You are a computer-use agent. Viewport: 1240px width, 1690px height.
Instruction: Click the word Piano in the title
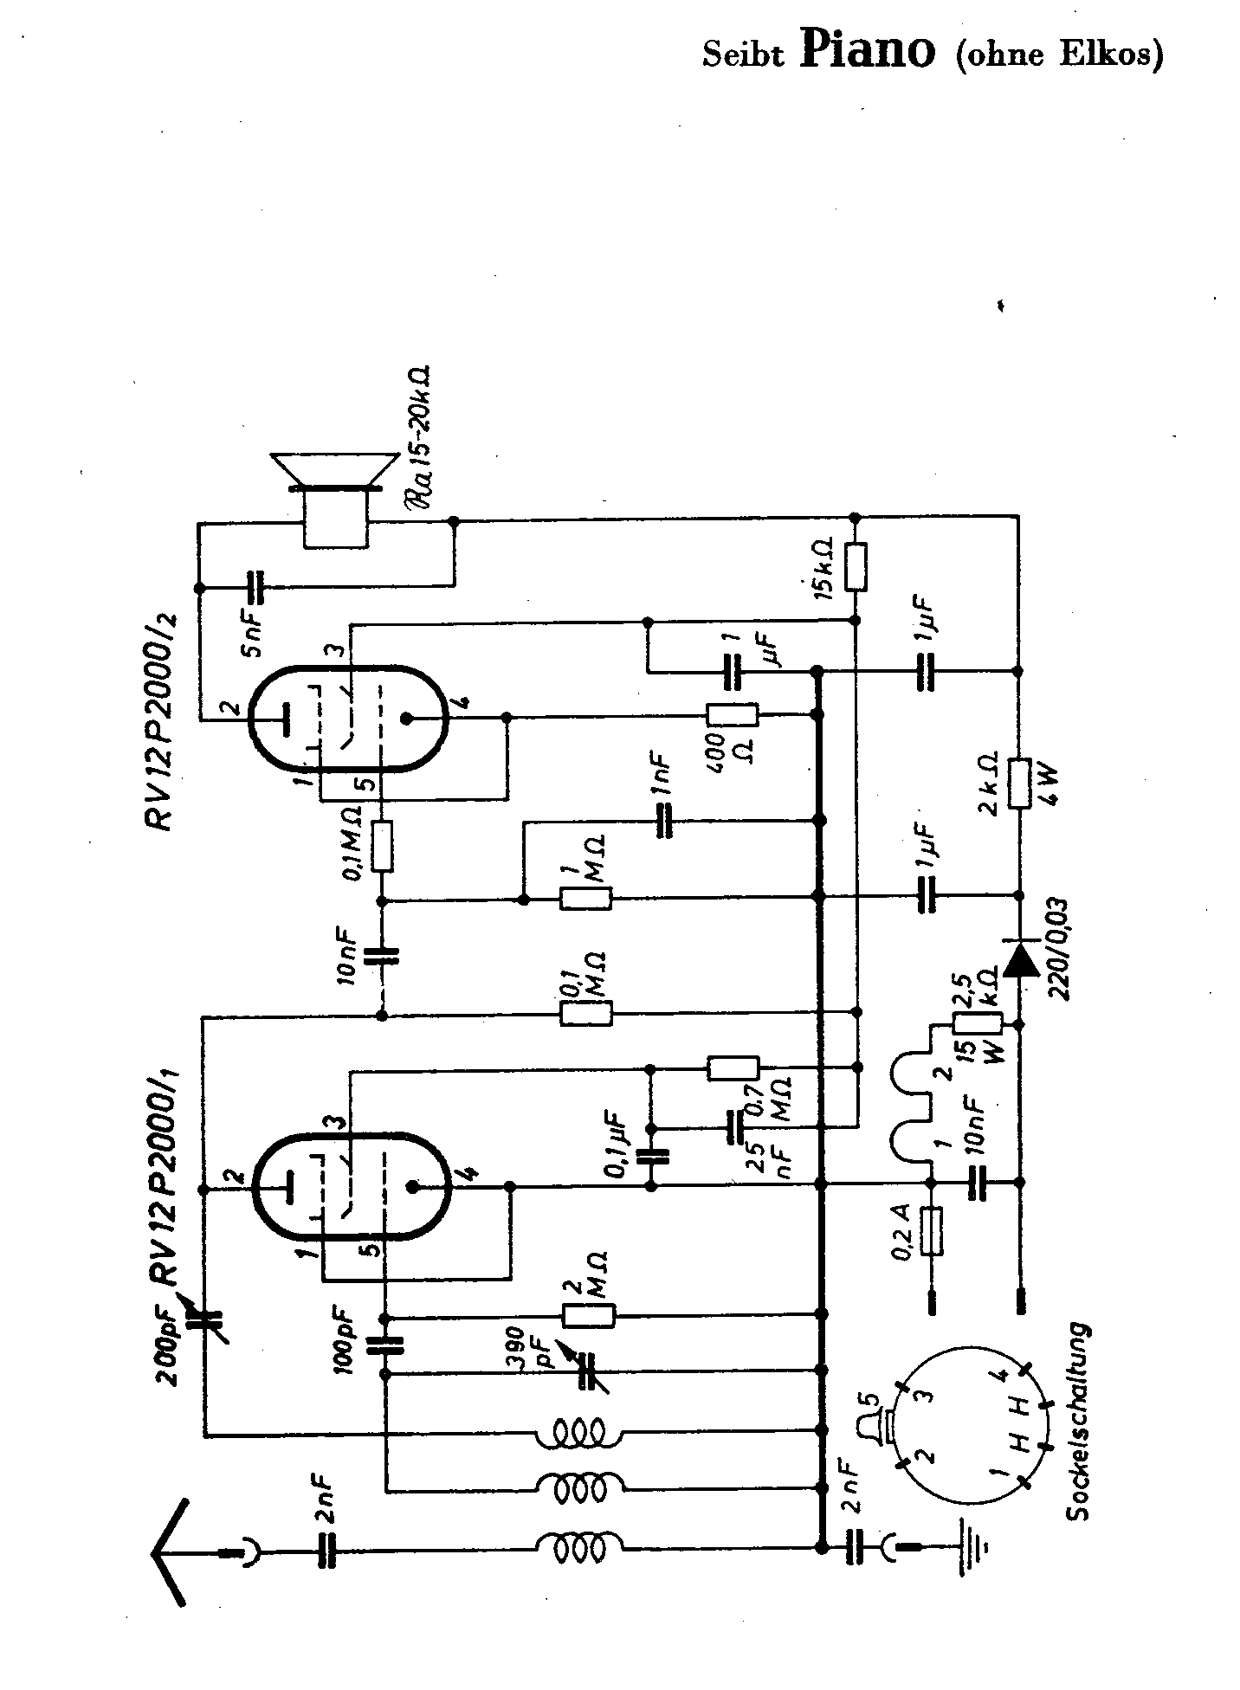coord(867,50)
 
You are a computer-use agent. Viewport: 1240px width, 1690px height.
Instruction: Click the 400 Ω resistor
coord(733,714)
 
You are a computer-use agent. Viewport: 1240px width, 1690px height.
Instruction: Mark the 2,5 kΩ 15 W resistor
coord(977,1024)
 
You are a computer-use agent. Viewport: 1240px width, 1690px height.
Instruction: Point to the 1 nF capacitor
coord(665,820)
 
